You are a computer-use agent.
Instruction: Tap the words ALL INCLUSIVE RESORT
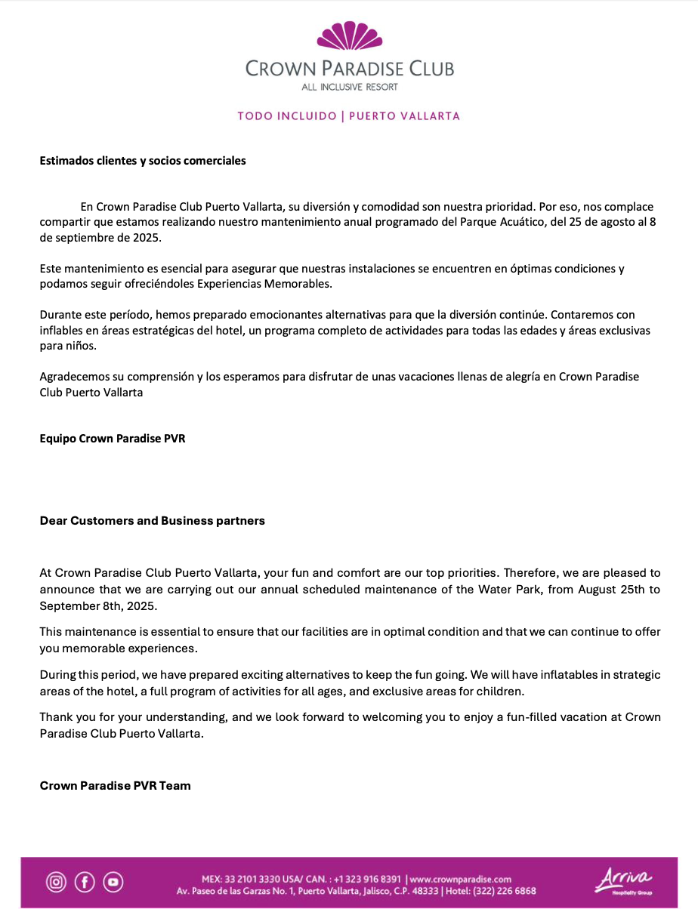point(349,87)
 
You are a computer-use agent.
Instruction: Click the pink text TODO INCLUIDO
point(286,116)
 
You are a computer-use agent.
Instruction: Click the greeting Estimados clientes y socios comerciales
point(143,160)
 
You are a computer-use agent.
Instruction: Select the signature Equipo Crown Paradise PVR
point(112,438)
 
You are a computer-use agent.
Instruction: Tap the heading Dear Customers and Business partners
point(152,521)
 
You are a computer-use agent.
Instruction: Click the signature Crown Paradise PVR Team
point(115,786)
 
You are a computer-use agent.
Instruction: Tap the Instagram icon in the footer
point(56,881)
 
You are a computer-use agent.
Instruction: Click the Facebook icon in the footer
point(85,881)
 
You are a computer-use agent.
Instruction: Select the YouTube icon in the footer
point(113,881)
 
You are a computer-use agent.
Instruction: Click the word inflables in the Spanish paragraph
point(62,331)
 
